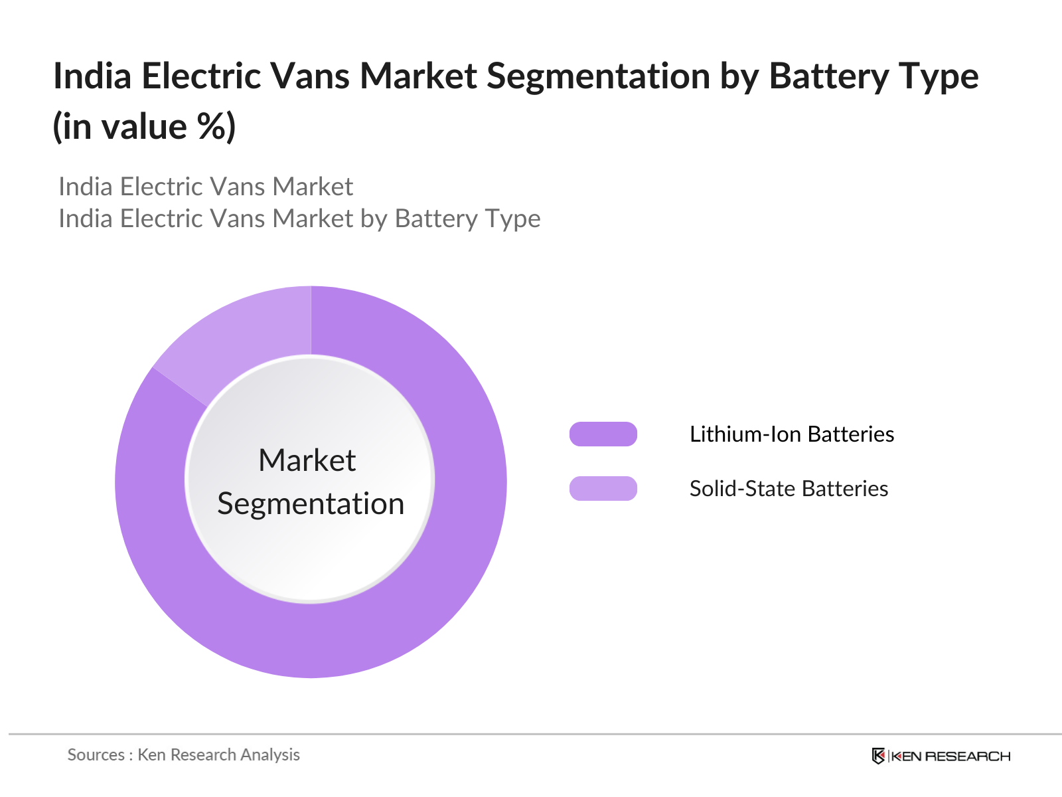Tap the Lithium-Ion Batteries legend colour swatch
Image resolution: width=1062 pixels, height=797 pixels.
click(603, 434)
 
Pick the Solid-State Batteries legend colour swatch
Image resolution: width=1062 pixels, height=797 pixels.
click(603, 489)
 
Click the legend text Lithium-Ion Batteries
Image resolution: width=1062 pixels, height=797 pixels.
click(791, 434)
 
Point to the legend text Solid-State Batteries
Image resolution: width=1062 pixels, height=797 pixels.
click(789, 489)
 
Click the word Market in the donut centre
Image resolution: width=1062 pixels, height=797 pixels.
click(307, 460)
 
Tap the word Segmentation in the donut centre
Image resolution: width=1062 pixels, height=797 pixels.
click(311, 503)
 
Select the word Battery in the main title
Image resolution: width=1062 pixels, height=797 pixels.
click(827, 76)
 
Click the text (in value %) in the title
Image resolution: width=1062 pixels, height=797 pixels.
click(144, 126)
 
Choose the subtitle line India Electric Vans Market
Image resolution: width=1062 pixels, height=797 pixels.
click(206, 187)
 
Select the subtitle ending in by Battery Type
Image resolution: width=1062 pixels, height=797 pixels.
click(299, 219)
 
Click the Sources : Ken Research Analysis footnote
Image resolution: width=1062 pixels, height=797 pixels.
click(184, 754)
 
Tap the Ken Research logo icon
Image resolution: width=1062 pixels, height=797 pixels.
click(878, 756)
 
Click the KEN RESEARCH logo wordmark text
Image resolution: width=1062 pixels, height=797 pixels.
click(950, 756)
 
